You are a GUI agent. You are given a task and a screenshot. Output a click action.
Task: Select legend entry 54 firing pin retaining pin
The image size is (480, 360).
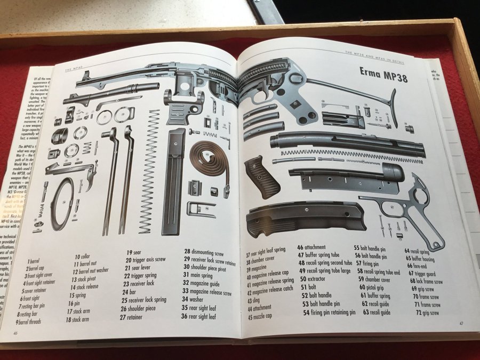(329, 313)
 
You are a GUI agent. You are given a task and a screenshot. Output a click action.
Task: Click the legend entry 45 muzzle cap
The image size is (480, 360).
(260, 317)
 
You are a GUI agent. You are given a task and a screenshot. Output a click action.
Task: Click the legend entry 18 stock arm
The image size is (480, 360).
(77, 320)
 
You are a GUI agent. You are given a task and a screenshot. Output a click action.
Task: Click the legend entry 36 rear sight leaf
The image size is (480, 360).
(198, 316)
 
